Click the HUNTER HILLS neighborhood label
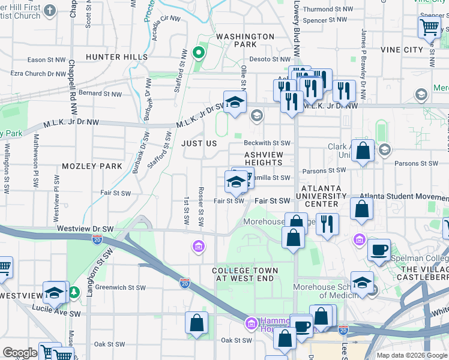(116, 57)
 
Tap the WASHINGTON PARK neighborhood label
(245, 40)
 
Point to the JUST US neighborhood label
(199, 144)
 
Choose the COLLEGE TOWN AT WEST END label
(245, 275)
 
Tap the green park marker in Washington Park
(197, 53)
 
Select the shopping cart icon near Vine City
(429, 27)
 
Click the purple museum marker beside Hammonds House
(250, 325)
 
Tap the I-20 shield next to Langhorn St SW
(98, 239)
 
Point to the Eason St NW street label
(46, 60)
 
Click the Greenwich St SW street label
(121, 287)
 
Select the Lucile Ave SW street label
(58, 314)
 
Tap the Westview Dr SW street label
(85, 229)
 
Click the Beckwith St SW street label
(267, 143)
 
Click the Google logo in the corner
(20, 353)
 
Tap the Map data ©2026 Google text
(411, 355)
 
